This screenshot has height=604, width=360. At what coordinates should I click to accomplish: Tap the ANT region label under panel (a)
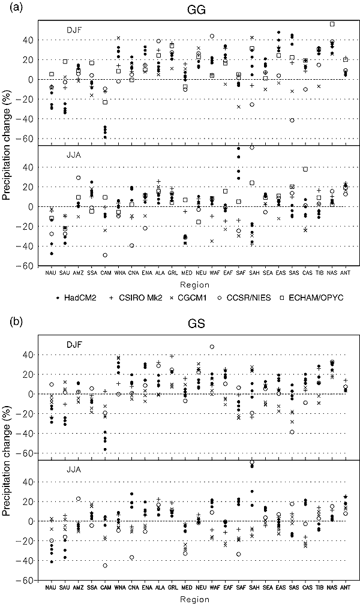345,273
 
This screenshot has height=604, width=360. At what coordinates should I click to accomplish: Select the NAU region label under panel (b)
52,587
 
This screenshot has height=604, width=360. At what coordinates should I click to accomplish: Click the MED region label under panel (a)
185,273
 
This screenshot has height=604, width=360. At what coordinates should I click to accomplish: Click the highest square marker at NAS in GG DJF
332,24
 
